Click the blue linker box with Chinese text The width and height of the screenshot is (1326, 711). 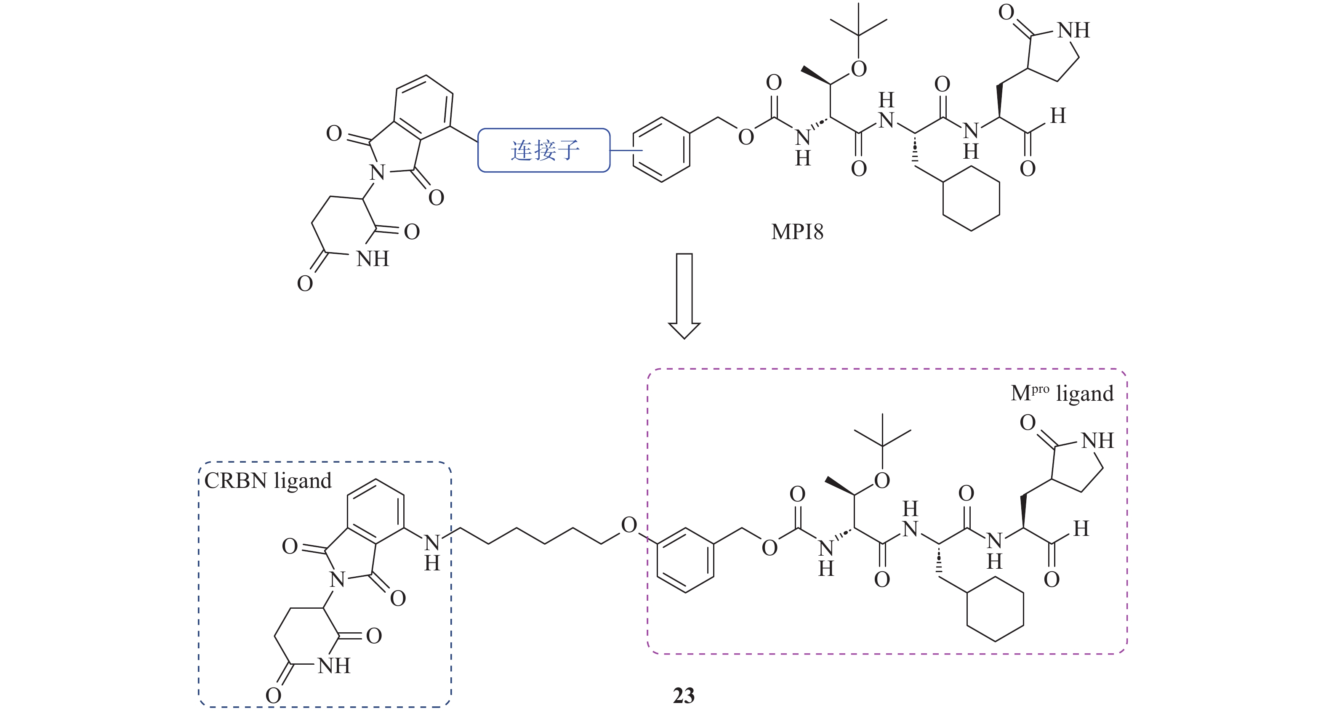544,150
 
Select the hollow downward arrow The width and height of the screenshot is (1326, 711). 684,296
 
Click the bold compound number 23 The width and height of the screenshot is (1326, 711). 684,695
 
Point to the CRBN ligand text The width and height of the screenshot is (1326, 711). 268,481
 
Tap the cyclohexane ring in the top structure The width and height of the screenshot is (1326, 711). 971,199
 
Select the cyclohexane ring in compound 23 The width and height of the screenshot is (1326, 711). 995,610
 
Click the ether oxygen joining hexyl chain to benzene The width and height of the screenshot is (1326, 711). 629,525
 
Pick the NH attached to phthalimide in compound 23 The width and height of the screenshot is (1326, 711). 432,551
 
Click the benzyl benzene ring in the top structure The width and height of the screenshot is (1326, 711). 661,150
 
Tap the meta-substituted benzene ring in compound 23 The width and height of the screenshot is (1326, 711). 685,561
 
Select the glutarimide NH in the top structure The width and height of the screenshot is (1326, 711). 373,259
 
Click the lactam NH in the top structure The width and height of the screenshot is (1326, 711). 1074,30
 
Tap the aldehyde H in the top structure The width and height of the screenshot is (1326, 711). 1058,116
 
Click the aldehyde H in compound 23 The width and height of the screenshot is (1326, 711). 1081,529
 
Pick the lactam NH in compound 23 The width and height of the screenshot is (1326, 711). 1097,441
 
